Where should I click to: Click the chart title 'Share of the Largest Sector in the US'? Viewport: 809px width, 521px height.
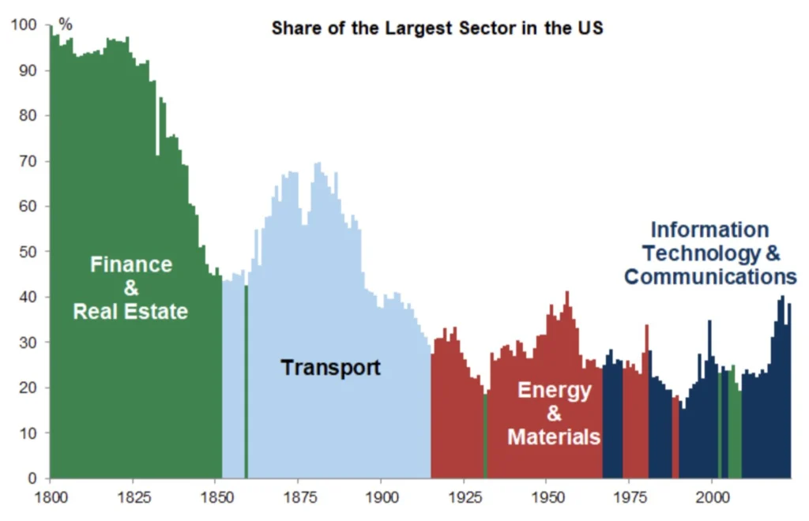pyautogui.click(x=437, y=28)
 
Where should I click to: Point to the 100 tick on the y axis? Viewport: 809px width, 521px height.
pyautogui.click(x=26, y=25)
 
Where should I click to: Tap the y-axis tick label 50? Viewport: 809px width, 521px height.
pyautogui.click(x=29, y=252)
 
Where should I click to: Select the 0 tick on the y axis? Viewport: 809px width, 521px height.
pyautogui.click(x=32, y=478)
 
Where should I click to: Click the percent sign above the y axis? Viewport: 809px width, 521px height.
pyautogui.click(x=65, y=25)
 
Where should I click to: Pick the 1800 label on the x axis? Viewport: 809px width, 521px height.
pyautogui.click(x=49, y=497)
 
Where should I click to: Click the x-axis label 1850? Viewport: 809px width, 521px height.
pyautogui.click(x=215, y=497)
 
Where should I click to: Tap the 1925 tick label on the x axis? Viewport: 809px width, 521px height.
pyautogui.click(x=464, y=497)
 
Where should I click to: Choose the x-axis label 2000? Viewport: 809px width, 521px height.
pyautogui.click(x=712, y=497)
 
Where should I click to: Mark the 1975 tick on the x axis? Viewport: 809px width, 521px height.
pyautogui.click(x=629, y=497)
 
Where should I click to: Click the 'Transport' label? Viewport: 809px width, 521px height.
pyautogui.click(x=331, y=367)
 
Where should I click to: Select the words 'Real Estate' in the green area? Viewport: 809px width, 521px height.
pyautogui.click(x=130, y=311)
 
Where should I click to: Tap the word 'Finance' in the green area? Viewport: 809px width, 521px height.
pyautogui.click(x=130, y=264)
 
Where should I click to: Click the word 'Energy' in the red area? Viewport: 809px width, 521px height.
pyautogui.click(x=554, y=390)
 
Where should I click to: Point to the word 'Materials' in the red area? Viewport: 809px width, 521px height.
pyautogui.click(x=554, y=437)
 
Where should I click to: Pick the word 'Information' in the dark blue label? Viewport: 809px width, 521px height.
pyautogui.click(x=709, y=230)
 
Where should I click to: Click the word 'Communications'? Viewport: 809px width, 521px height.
pyautogui.click(x=709, y=277)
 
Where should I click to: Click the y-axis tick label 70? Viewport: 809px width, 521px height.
pyautogui.click(x=29, y=161)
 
